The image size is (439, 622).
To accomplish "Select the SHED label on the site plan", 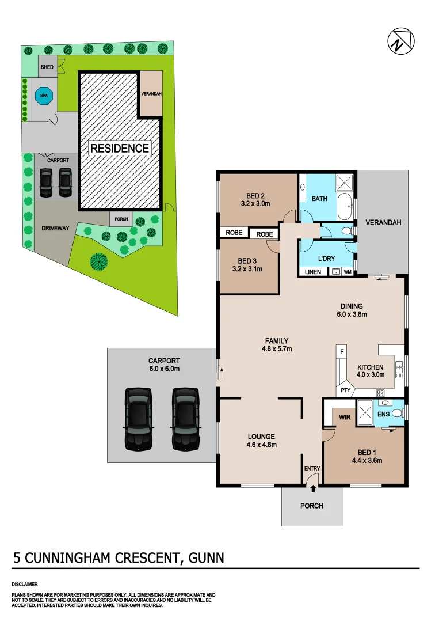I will [x=47, y=67].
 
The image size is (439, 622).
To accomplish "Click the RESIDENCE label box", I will [x=120, y=148].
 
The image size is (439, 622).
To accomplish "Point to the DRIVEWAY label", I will [x=55, y=228].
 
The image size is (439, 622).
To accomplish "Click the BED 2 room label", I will [x=255, y=195].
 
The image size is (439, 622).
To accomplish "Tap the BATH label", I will [x=319, y=199].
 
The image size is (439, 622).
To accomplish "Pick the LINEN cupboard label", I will [x=313, y=272].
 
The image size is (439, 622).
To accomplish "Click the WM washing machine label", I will [x=348, y=272].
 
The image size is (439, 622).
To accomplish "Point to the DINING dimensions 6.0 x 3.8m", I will [x=352, y=314].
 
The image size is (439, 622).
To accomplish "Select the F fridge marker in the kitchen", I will [x=342, y=351].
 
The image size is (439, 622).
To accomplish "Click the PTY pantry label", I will [x=345, y=390].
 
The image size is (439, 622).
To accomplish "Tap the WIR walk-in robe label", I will [x=345, y=416].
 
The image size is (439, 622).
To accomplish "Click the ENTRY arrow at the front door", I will [x=312, y=489].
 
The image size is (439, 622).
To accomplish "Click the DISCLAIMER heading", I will [x=25, y=584].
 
